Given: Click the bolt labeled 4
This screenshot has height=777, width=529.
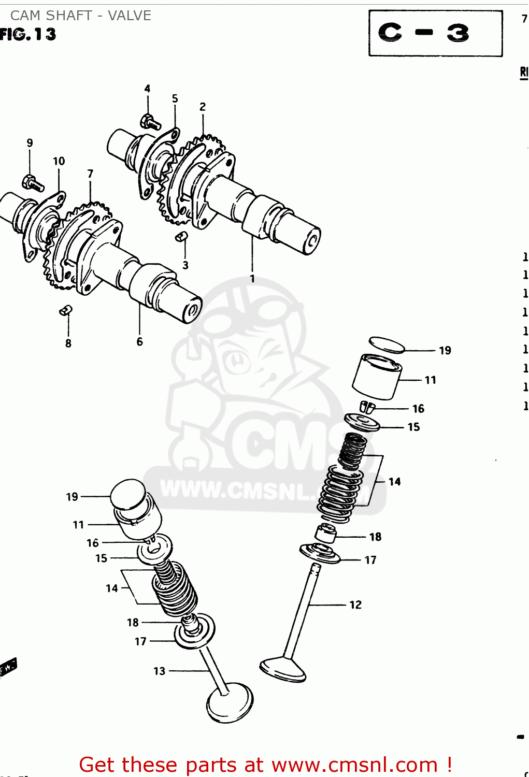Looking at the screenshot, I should click(x=150, y=122).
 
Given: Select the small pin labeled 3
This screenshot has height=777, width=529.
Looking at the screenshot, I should click(x=182, y=237).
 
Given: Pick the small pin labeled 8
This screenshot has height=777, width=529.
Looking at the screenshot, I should click(x=66, y=310).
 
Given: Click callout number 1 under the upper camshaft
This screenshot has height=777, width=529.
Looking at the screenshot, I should click(x=252, y=279).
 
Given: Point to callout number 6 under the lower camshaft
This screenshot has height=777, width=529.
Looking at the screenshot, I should click(x=139, y=342).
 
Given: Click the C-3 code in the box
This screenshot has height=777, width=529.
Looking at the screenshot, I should click(x=423, y=33).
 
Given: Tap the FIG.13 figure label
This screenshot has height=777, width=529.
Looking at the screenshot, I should click(x=28, y=35).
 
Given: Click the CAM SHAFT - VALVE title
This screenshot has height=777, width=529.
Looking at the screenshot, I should click(x=81, y=16).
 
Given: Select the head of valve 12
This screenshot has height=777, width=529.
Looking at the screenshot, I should click(x=283, y=669).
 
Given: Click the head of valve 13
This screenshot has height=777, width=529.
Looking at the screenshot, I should click(x=230, y=703).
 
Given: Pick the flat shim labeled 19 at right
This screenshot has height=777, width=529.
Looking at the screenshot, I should click(x=387, y=344).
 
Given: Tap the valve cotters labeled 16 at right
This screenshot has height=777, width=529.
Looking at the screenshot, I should click(x=367, y=407).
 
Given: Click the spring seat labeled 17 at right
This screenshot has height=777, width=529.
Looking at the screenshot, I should click(x=320, y=553).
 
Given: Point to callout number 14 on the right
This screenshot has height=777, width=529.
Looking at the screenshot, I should click(x=394, y=482).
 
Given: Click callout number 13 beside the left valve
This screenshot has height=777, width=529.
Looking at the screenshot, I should click(x=159, y=671).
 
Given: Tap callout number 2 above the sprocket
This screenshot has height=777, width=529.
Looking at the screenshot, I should click(x=203, y=107).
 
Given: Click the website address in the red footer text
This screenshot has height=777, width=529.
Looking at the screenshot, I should click(x=354, y=765).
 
